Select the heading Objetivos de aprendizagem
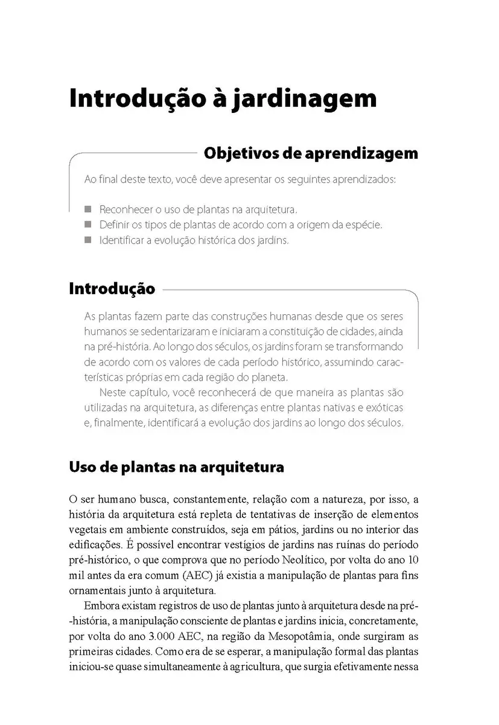pos(311,153)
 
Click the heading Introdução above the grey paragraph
pos(112,289)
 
